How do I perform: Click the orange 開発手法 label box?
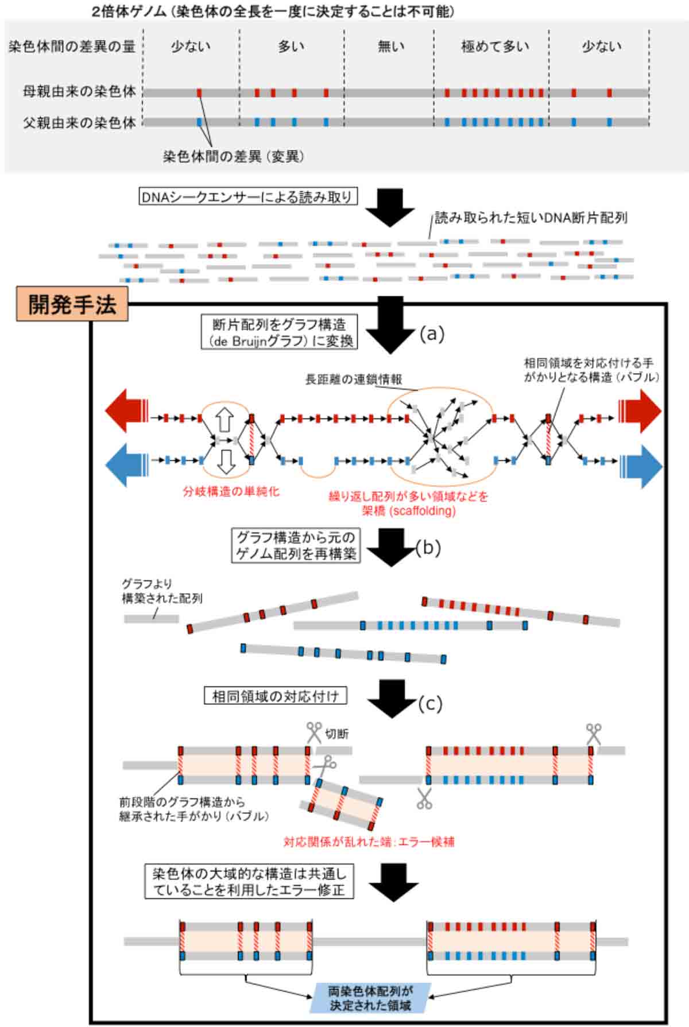tap(72, 304)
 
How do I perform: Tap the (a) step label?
tap(432, 334)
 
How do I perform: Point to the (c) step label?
tap(430, 703)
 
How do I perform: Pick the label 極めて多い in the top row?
tap(495, 46)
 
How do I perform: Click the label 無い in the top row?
tap(391, 46)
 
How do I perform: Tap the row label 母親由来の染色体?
tap(80, 92)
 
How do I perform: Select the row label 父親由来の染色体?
tap(80, 122)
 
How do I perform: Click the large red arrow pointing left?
tap(126, 410)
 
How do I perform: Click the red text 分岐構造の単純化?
tap(231, 491)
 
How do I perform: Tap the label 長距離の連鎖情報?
tap(353, 379)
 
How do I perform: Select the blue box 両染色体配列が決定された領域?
tap(370, 998)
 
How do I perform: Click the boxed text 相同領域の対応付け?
tap(275, 696)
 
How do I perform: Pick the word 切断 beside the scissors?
tap(337, 734)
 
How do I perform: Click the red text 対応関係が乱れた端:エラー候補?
tap(369, 842)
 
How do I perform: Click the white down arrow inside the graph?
tap(227, 461)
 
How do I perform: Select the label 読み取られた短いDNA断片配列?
tap(531, 218)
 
